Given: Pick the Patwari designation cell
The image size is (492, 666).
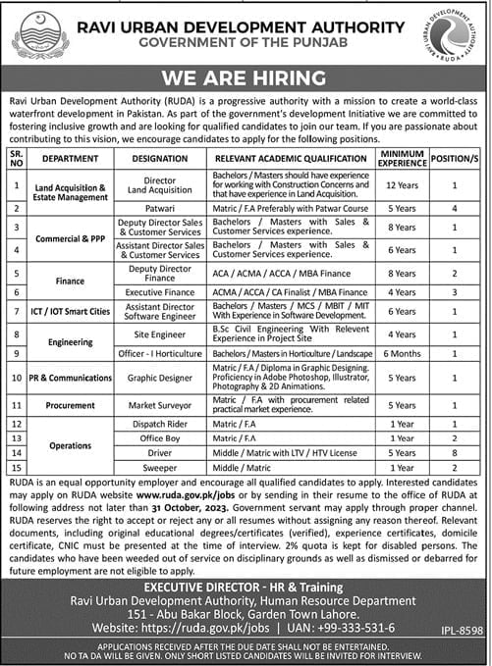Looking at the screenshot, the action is tap(158, 209).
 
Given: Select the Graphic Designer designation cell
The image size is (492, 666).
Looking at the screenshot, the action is tap(158, 378).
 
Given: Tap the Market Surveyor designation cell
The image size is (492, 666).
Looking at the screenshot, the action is tap(158, 404).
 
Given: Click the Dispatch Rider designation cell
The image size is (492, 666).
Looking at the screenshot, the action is tap(158, 423).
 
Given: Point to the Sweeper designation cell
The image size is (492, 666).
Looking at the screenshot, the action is tap(158, 470).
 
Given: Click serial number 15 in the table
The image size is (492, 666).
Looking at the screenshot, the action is tap(14, 470).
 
